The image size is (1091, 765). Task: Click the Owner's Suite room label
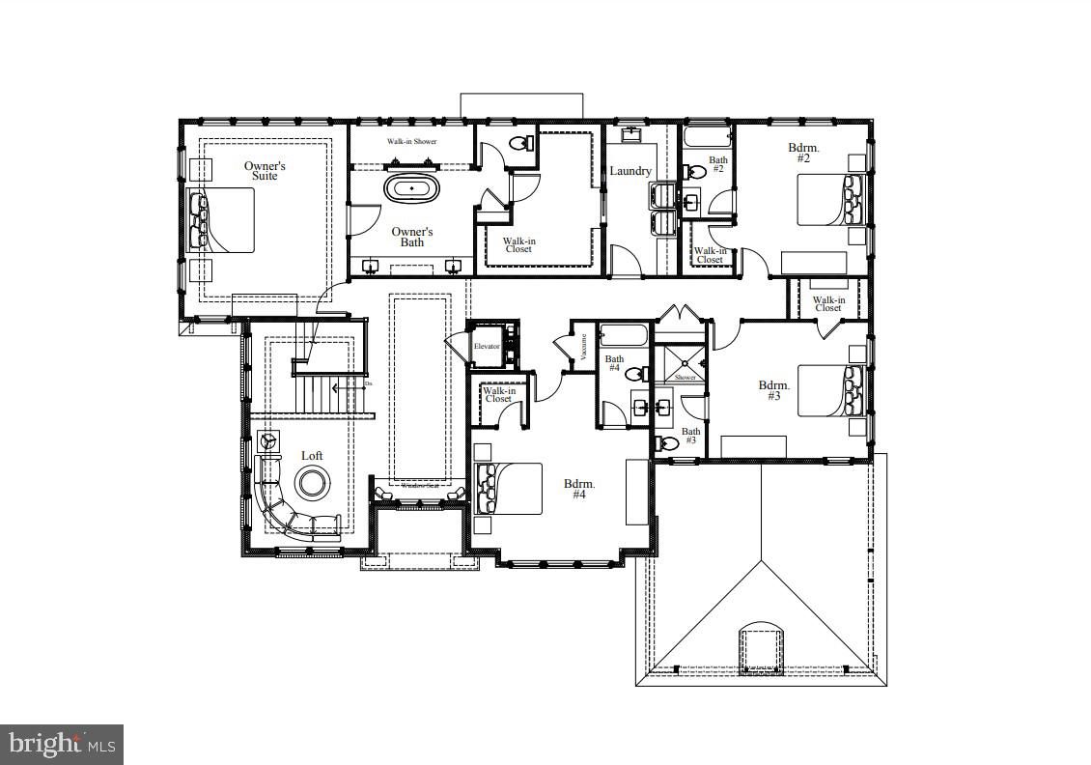coord(264,171)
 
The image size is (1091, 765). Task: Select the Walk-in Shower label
coord(412,142)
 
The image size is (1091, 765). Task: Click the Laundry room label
coord(629,172)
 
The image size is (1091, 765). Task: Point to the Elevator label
coord(486,346)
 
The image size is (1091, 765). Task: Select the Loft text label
coord(312,456)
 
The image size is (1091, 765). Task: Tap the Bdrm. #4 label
coord(579,489)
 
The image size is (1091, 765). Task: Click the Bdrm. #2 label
coord(803,154)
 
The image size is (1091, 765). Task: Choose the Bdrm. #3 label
coord(774,390)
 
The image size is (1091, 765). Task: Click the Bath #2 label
coord(717,164)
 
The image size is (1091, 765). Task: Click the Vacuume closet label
coord(584,348)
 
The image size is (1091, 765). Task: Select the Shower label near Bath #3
coord(685,378)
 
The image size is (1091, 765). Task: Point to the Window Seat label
coord(419,498)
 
